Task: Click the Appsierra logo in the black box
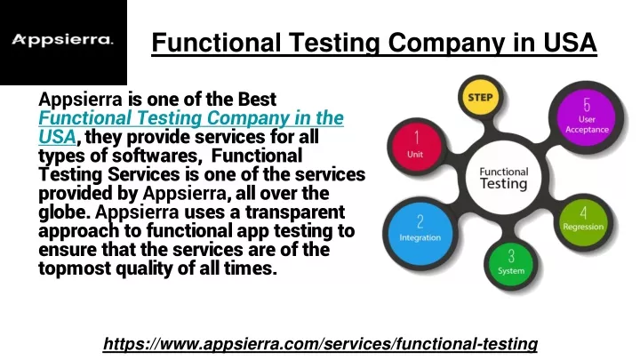click(x=62, y=40)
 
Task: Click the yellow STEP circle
click(x=480, y=98)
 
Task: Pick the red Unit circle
click(x=416, y=145)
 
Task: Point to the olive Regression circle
click(x=583, y=220)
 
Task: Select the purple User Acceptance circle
click(x=587, y=117)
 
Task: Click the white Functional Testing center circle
click(x=504, y=178)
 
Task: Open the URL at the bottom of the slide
click(x=320, y=344)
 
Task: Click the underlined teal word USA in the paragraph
click(x=57, y=137)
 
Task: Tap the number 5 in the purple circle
click(x=587, y=105)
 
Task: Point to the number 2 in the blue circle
click(x=420, y=221)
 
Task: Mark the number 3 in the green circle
click(x=511, y=256)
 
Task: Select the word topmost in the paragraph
click(x=75, y=269)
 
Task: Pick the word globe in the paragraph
click(x=64, y=212)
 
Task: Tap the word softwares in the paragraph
click(x=155, y=156)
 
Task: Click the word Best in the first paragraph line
click(x=258, y=100)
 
